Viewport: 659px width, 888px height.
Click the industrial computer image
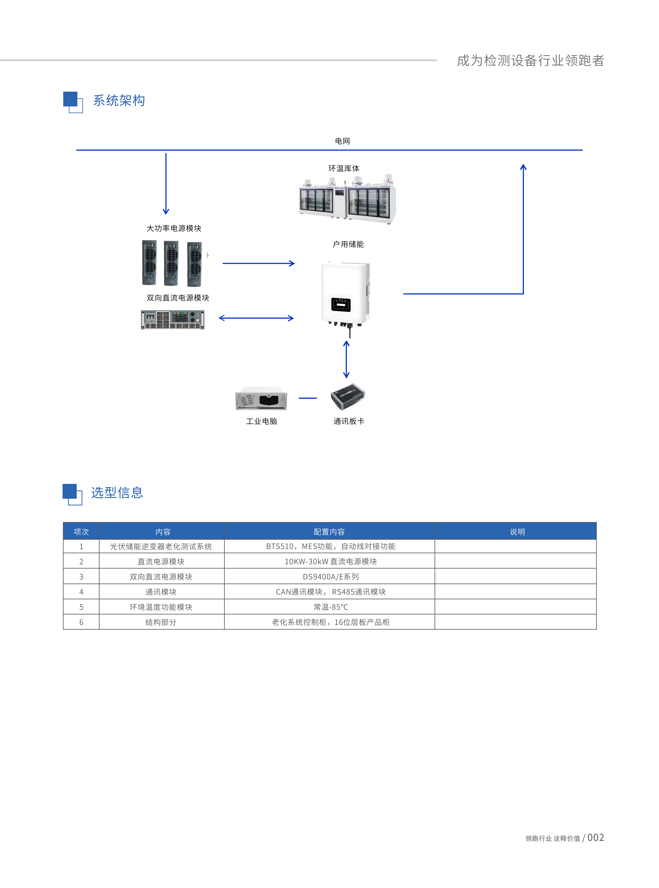pos(261,398)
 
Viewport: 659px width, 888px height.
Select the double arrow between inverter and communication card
pos(346,359)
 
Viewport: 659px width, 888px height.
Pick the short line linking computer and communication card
pos(308,398)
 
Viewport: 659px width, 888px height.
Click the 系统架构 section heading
pos(119,101)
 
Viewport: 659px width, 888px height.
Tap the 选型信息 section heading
pos(117,493)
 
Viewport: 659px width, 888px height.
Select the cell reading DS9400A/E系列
pos(331,576)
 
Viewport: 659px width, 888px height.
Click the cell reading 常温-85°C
pos(331,607)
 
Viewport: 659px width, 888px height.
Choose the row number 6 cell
pos(81,622)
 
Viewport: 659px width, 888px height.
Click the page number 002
pos(596,837)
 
